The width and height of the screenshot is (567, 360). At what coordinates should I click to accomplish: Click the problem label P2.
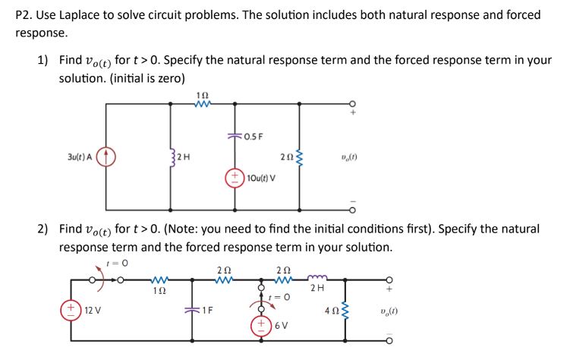pyautogui.click(x=24, y=15)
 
